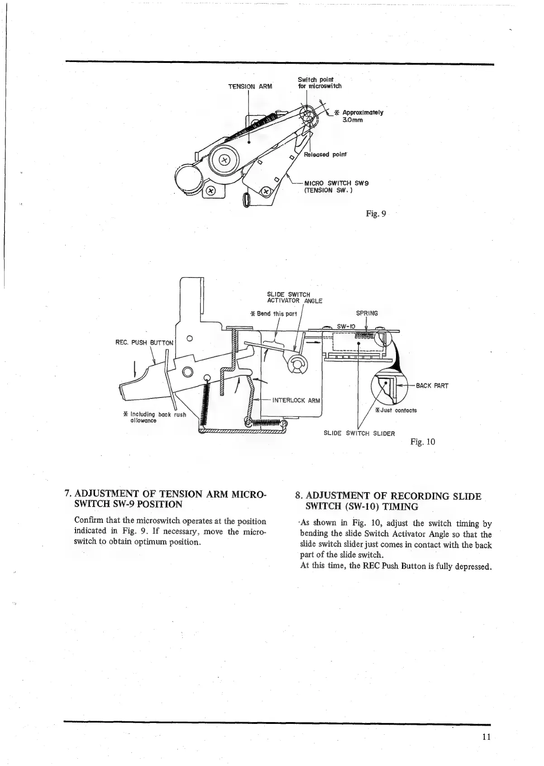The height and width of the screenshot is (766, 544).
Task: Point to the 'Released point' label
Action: (325, 154)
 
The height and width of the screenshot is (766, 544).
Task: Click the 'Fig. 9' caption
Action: (376, 214)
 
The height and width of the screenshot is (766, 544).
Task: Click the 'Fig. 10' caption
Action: (423, 442)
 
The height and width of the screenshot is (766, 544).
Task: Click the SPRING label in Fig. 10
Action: (367, 313)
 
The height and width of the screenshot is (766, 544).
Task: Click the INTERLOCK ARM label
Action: (296, 400)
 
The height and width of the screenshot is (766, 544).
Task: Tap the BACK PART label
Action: (432, 386)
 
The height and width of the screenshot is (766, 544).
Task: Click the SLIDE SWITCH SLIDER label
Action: (359, 433)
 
